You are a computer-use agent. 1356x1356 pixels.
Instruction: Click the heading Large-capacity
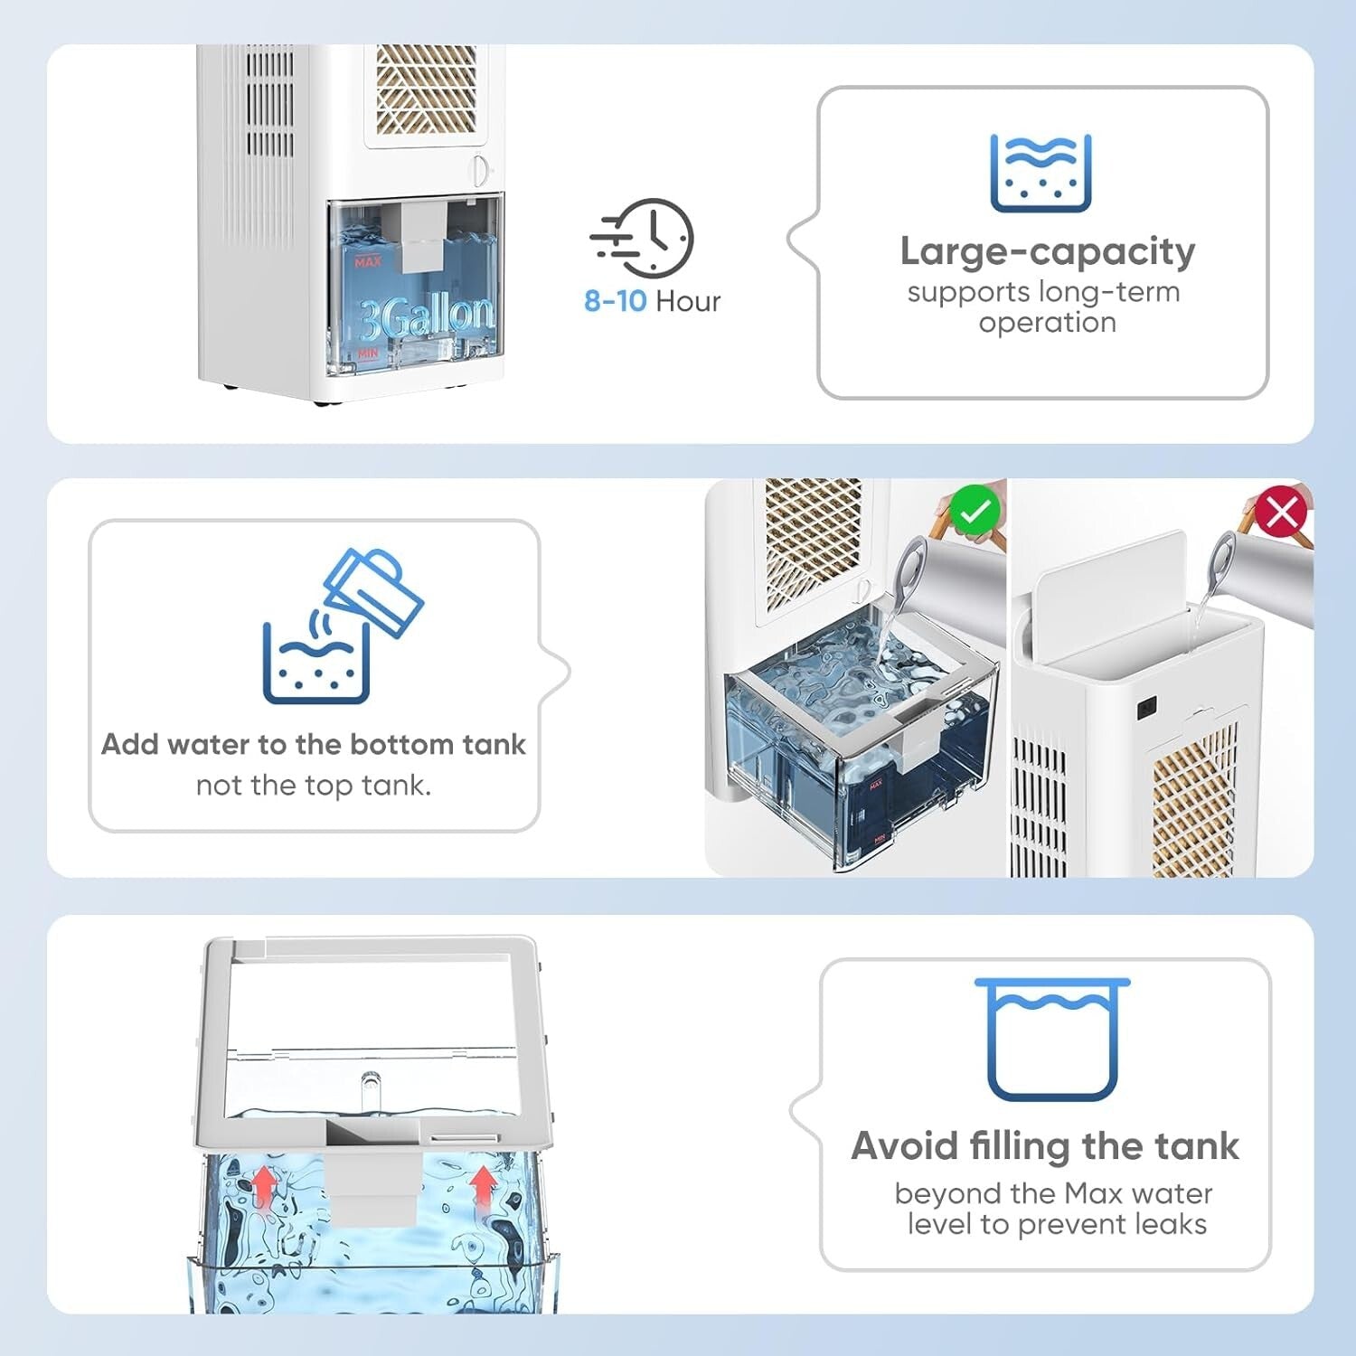point(1047,251)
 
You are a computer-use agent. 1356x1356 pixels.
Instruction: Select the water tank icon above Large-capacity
point(1041,174)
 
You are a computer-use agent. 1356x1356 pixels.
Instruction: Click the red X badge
point(1282,513)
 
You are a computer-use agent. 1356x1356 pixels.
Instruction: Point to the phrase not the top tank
point(313,785)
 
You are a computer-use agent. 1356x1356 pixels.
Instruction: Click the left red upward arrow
point(263,1184)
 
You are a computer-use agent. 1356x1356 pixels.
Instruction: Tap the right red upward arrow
point(484,1184)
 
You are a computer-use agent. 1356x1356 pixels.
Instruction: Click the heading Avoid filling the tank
point(1045,1146)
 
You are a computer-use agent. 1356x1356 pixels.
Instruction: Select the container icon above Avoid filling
point(1052,1039)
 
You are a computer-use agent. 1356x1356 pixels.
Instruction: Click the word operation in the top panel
point(1047,323)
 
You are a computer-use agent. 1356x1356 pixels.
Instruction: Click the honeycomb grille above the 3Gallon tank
point(426,90)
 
